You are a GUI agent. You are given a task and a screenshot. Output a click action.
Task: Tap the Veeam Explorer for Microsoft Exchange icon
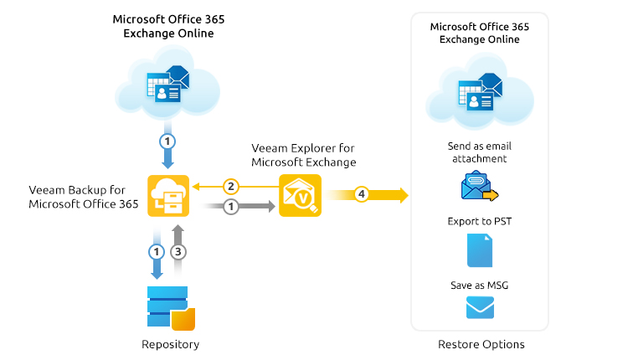[x=300, y=195]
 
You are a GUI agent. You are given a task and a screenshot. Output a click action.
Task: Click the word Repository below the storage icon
[x=170, y=344]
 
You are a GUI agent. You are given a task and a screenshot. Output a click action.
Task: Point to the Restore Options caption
[x=481, y=344]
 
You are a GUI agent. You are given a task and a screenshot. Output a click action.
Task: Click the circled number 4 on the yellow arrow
[x=361, y=195]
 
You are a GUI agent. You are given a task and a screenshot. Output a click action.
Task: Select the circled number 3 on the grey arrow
[x=178, y=251]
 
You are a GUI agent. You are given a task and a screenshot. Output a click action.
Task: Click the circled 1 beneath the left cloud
[x=167, y=141]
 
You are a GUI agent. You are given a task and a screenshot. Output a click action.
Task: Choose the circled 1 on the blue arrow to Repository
[x=157, y=251]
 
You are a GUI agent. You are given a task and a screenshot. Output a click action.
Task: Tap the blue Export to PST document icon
[x=479, y=250]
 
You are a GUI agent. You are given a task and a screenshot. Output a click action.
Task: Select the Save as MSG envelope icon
[x=480, y=308]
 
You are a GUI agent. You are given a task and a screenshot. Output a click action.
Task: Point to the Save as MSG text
[x=480, y=285]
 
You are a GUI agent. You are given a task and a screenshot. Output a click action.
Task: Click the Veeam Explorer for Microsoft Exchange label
[x=303, y=155]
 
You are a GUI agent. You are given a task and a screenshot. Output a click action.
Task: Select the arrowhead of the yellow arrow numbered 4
[x=403, y=195]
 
